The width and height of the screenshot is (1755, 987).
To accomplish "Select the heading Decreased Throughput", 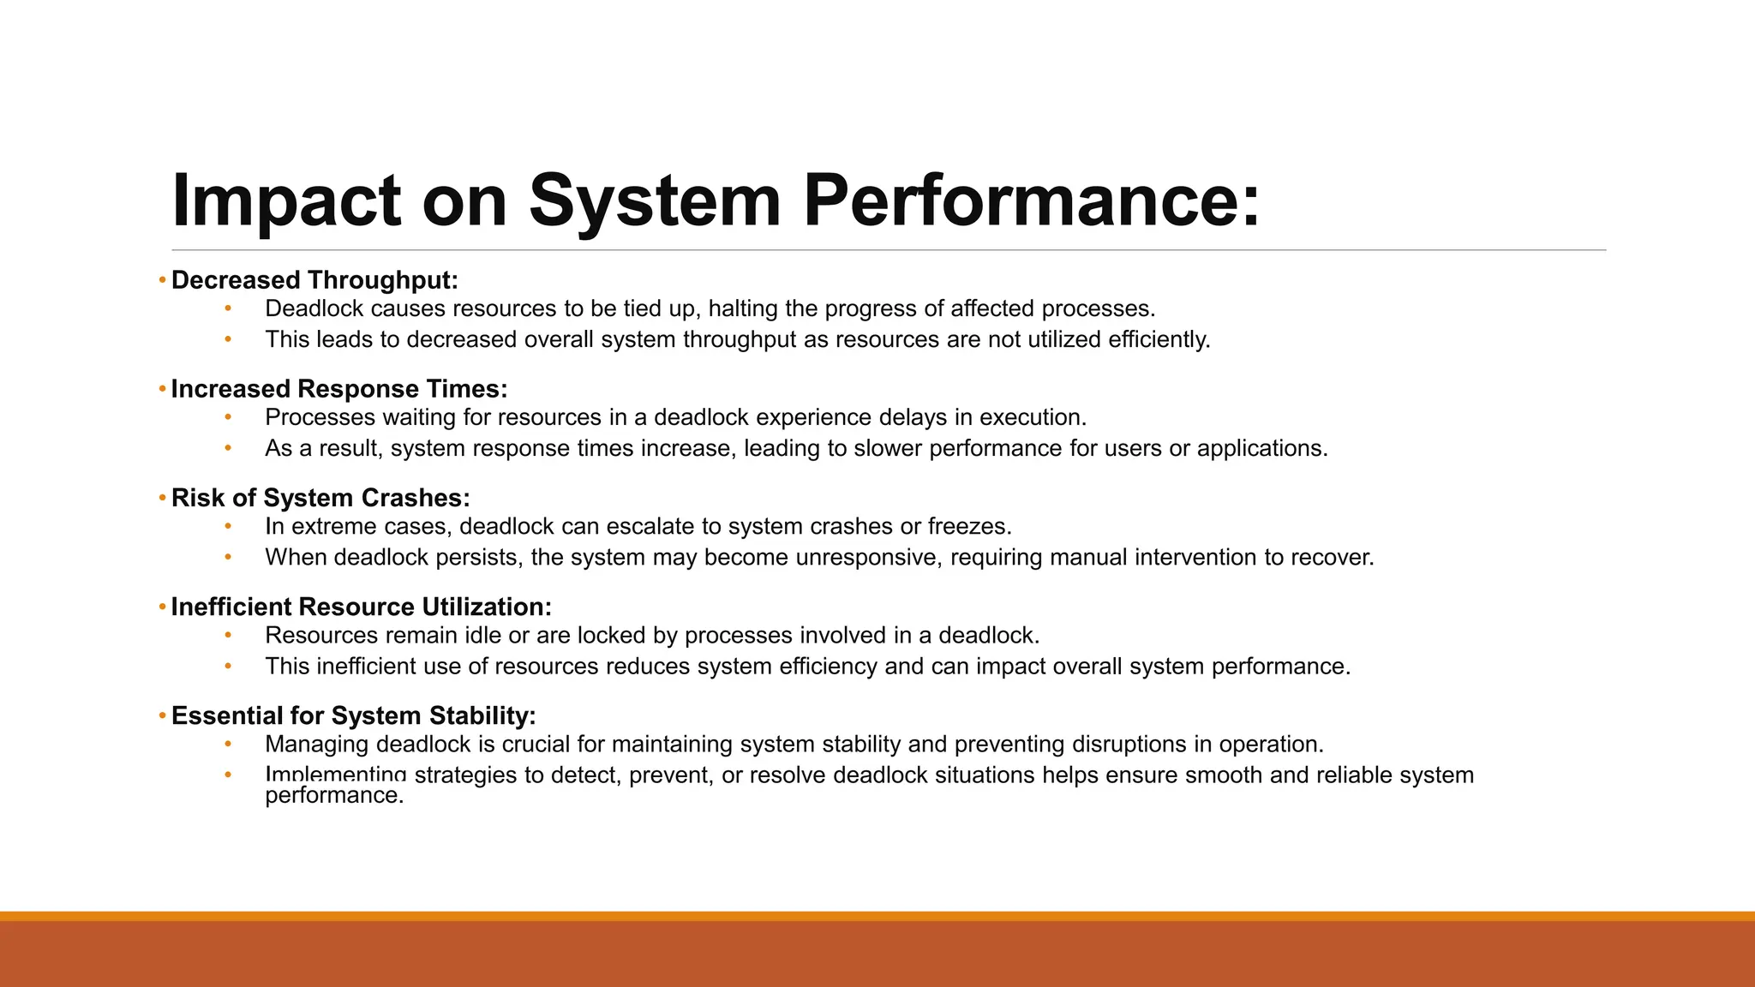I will tap(314, 280).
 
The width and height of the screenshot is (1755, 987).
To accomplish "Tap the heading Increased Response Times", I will tap(339, 389).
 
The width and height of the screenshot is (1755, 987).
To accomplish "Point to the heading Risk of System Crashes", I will tap(320, 498).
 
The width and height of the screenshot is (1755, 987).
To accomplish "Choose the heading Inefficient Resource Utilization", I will tap(361, 607).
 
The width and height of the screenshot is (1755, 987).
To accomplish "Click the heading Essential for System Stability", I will tap(353, 715).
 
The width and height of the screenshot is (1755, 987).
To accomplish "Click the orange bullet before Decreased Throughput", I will tap(162, 280).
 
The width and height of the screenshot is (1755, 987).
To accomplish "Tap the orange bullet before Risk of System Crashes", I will tap(162, 498).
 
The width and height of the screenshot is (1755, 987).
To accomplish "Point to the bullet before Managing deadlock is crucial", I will tap(228, 744).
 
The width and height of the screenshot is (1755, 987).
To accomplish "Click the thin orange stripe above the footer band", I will tap(877, 916).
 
